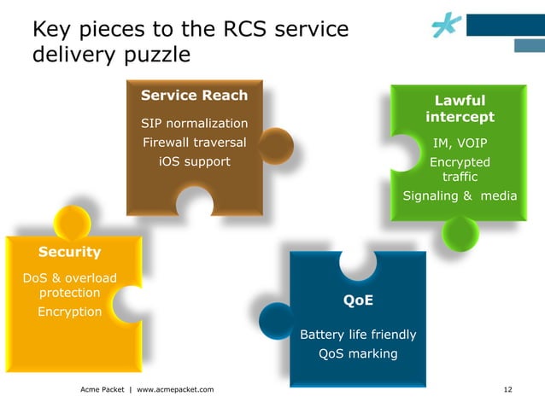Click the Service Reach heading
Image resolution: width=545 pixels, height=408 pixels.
click(x=194, y=96)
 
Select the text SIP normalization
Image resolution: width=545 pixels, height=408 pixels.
click(x=194, y=124)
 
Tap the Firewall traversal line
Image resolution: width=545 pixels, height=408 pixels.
click(x=194, y=143)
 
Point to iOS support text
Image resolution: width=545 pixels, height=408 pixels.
click(x=194, y=161)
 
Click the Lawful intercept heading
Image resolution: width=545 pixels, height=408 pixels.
click(x=460, y=108)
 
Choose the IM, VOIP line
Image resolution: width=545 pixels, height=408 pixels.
click(x=460, y=143)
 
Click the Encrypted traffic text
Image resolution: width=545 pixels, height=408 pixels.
click(x=460, y=169)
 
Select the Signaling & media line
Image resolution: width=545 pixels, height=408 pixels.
click(x=460, y=196)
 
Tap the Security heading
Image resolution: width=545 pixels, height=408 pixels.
click(x=69, y=252)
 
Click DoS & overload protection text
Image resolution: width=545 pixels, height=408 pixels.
click(x=69, y=285)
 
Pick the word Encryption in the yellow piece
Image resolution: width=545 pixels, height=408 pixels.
click(x=69, y=312)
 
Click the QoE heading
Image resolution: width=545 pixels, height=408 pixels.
click(x=358, y=300)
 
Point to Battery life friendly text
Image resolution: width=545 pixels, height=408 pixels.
click(x=358, y=334)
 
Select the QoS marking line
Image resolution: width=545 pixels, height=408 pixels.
click(x=358, y=353)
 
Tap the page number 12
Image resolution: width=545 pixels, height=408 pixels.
click(x=508, y=389)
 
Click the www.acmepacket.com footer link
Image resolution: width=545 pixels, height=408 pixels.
click(x=175, y=389)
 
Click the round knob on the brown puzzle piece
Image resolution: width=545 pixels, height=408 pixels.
click(x=276, y=146)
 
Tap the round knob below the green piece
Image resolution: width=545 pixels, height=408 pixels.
click(x=460, y=231)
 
